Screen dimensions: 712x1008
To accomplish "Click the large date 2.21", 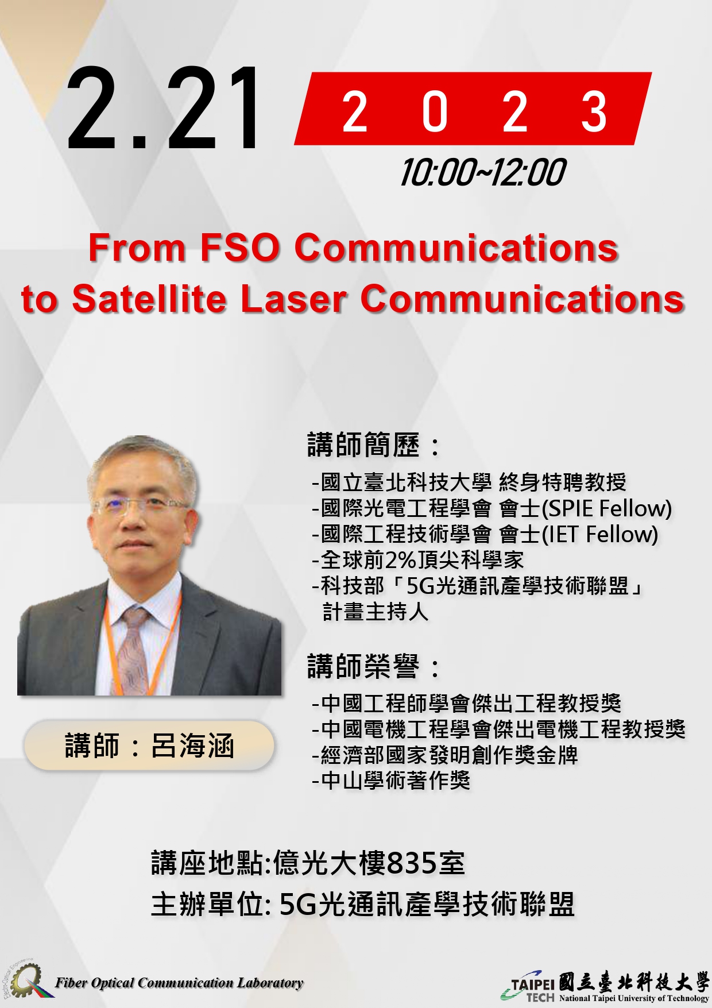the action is point(164,109).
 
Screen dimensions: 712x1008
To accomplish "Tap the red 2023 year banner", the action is point(473,109).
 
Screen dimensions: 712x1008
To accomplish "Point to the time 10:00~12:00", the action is point(483,172).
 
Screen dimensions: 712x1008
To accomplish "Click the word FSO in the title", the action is point(239,248).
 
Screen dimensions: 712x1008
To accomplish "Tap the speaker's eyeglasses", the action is point(142,507).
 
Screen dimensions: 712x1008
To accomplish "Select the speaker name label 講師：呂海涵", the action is point(149,746).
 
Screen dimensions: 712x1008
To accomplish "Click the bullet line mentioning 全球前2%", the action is point(418,560).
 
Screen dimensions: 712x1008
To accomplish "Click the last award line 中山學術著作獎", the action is point(392,781).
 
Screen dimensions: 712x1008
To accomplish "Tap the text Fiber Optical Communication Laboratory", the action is point(179,983).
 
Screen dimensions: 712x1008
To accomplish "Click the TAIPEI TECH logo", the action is point(604,986).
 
